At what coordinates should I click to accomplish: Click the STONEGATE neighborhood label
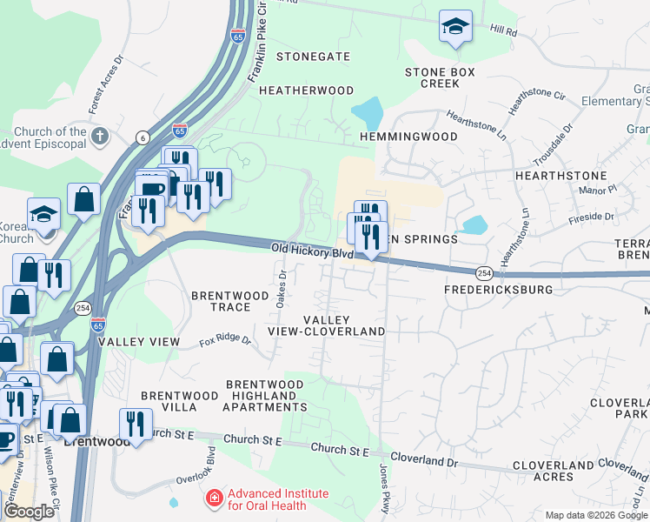click(x=313, y=57)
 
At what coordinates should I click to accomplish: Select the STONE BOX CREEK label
click(x=440, y=78)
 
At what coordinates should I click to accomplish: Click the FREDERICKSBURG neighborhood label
click(x=498, y=289)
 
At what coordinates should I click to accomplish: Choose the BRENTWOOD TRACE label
click(x=230, y=301)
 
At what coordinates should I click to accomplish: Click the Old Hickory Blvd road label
click(x=311, y=251)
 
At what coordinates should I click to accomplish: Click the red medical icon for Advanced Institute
click(x=212, y=499)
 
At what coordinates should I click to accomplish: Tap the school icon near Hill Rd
click(x=454, y=26)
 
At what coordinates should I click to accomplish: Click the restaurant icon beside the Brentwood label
click(x=135, y=425)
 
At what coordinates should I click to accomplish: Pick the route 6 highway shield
click(x=142, y=137)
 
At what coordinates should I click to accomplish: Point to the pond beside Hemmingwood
click(x=368, y=113)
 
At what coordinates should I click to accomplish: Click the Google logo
click(x=29, y=512)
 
